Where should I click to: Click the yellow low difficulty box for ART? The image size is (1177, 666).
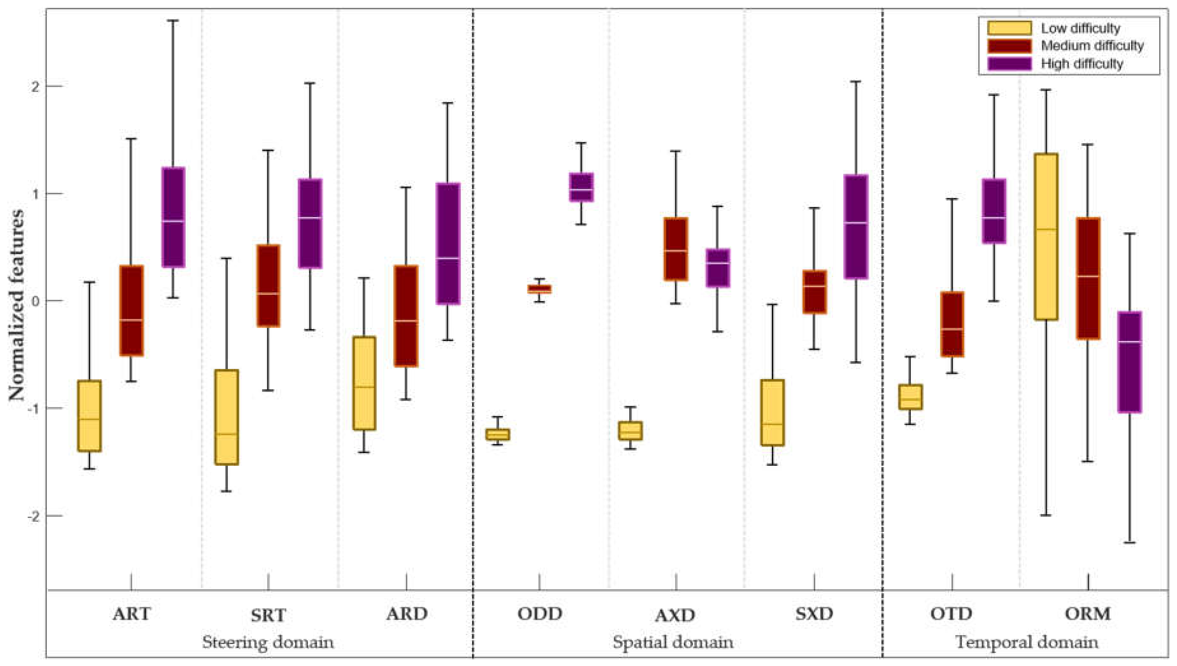(x=90, y=416)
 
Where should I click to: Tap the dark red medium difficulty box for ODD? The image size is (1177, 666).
(x=539, y=289)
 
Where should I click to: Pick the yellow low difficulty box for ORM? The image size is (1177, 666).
(x=1046, y=237)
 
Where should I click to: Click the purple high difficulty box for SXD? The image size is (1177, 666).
(x=855, y=226)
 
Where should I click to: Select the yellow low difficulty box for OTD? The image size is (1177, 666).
(x=910, y=397)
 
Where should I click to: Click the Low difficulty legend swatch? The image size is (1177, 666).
(x=1009, y=28)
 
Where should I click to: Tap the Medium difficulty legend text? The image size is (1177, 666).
(x=1092, y=46)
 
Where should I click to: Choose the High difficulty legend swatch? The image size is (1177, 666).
(x=1009, y=63)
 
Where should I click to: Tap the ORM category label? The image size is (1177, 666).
(x=1087, y=614)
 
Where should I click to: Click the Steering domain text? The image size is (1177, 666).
(x=268, y=642)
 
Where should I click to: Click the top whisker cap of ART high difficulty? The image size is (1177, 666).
(x=173, y=21)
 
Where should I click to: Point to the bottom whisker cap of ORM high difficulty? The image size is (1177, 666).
(x=1130, y=542)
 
